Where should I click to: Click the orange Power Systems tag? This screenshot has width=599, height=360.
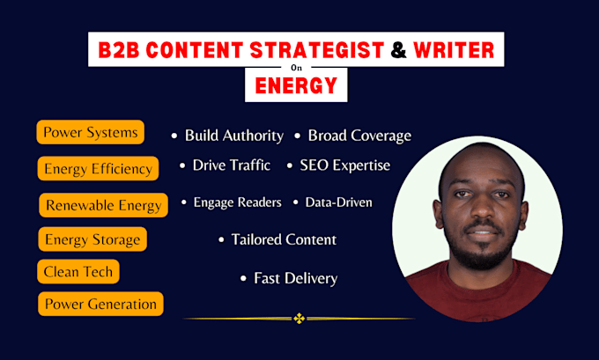point(91,132)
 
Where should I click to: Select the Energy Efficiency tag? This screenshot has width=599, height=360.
point(98,168)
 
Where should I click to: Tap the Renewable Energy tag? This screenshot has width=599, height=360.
point(104,205)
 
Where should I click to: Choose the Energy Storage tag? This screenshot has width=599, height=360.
point(92,239)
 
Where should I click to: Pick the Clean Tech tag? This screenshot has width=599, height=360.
point(78,271)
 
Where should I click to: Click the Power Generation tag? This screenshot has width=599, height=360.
point(100,304)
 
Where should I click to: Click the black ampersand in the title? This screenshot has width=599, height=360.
point(398,50)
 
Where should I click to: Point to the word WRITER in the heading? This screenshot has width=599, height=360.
point(454,50)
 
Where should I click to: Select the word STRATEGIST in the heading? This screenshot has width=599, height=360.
point(317,50)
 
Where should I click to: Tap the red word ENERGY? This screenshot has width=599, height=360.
point(296,85)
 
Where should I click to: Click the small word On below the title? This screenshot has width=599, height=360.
point(296,68)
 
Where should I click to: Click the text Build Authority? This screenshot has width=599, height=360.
point(234,136)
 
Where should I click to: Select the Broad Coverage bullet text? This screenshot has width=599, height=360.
point(359,136)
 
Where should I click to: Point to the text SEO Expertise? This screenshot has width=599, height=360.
point(345,165)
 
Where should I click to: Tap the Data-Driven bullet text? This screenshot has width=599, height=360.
point(338,202)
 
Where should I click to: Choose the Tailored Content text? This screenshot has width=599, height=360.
point(284,239)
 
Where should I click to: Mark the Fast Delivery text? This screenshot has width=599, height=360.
point(296,278)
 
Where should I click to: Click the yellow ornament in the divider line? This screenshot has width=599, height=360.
point(299,318)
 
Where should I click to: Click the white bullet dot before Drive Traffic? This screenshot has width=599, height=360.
point(182,165)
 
